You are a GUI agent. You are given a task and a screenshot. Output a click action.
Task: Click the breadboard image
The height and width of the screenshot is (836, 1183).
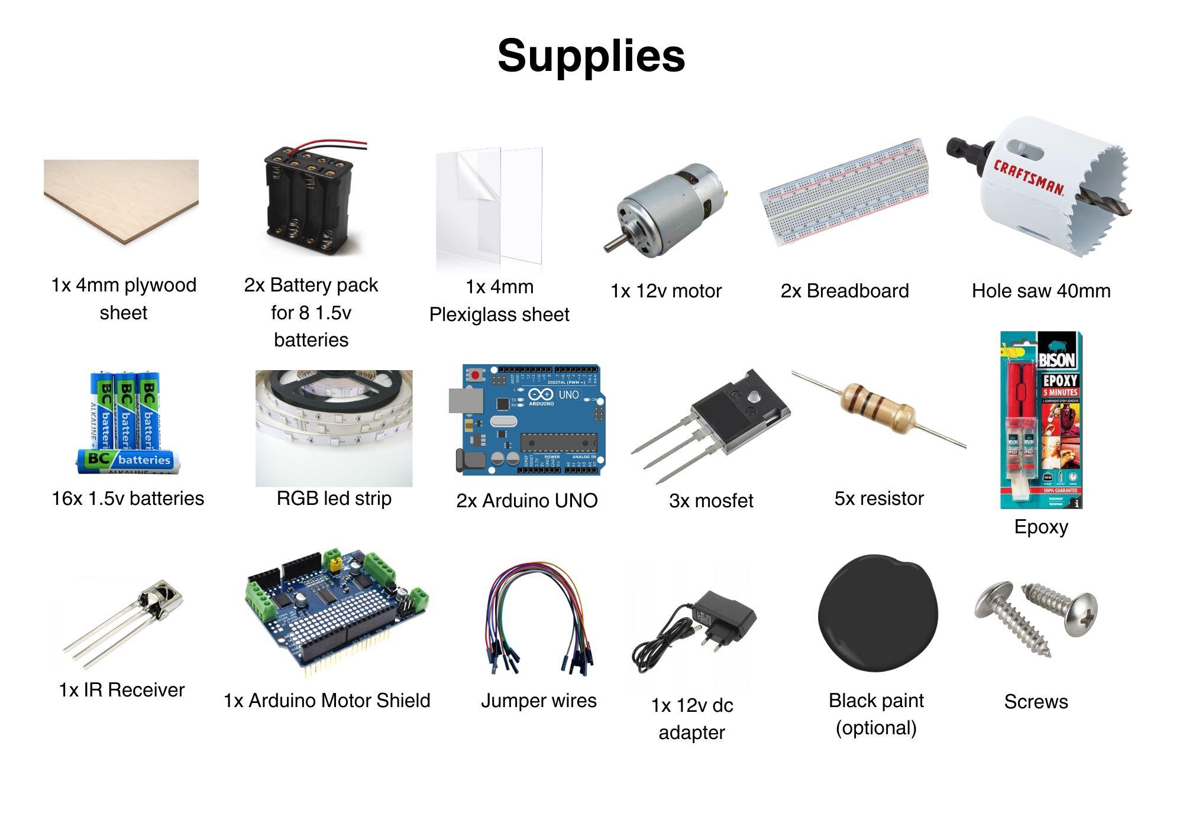pos(844,193)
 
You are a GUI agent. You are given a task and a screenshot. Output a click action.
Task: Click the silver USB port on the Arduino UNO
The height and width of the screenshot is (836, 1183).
pos(466,400)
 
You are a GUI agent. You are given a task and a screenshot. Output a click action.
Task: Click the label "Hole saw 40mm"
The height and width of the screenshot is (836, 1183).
pos(1040,291)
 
